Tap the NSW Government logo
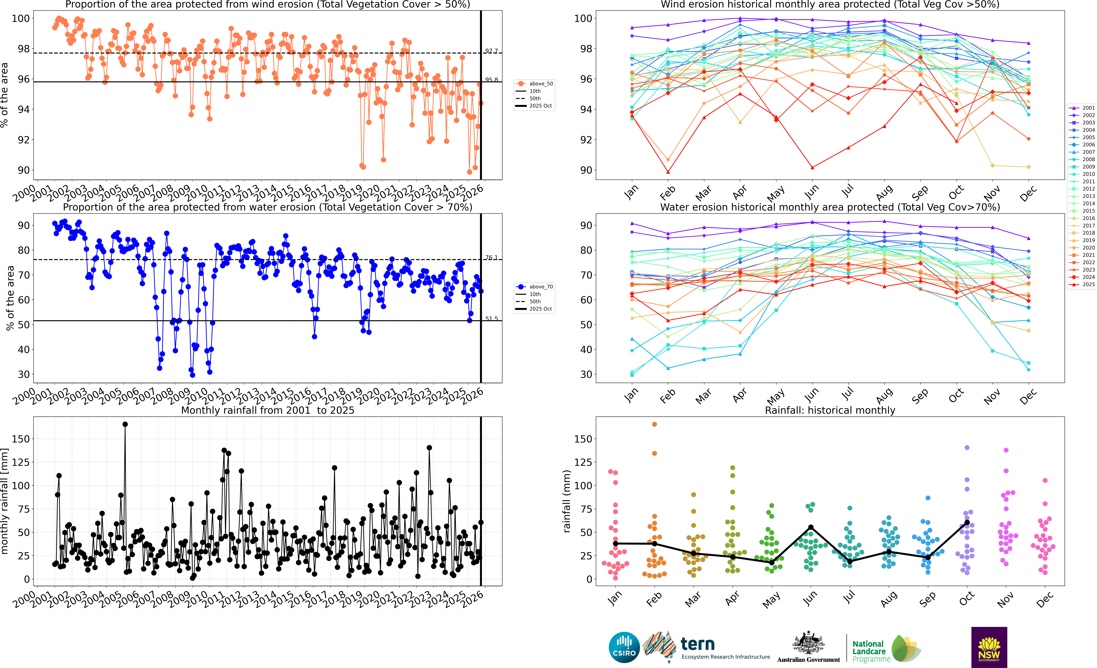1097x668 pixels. (x=989, y=647)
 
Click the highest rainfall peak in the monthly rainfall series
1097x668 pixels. (x=125, y=424)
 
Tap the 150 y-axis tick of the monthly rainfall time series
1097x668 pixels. (x=21, y=439)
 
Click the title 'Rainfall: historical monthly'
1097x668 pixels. (x=830, y=410)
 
